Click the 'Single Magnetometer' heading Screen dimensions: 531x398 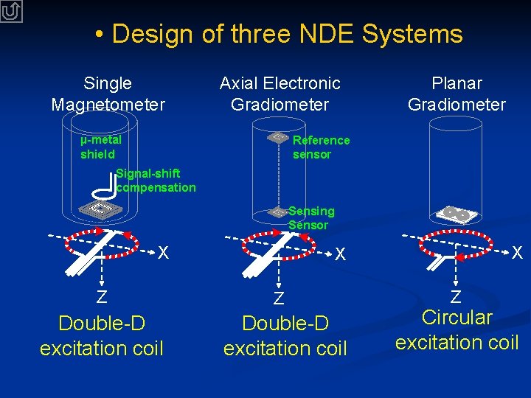(x=108, y=94)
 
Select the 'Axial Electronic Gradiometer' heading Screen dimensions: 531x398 (x=280, y=94)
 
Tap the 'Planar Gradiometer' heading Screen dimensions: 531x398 (x=457, y=94)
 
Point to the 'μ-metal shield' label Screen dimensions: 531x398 (x=101, y=147)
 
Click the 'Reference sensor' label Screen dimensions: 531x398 (x=321, y=147)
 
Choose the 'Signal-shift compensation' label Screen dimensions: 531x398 (x=156, y=181)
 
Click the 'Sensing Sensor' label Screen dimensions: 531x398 (x=310, y=218)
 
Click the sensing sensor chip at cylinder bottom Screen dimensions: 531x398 (x=278, y=212)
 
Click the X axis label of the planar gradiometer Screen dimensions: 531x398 (x=518, y=254)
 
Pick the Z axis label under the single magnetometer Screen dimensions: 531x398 (x=102, y=298)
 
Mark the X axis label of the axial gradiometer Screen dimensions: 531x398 (x=340, y=255)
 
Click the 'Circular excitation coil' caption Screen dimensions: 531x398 (x=457, y=330)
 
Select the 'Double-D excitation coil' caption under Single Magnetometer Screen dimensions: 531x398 (x=102, y=336)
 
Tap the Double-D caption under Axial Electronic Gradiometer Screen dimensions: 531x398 (x=285, y=336)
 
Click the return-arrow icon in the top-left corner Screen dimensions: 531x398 (x=11, y=11)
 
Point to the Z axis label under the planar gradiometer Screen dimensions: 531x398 (x=456, y=297)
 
